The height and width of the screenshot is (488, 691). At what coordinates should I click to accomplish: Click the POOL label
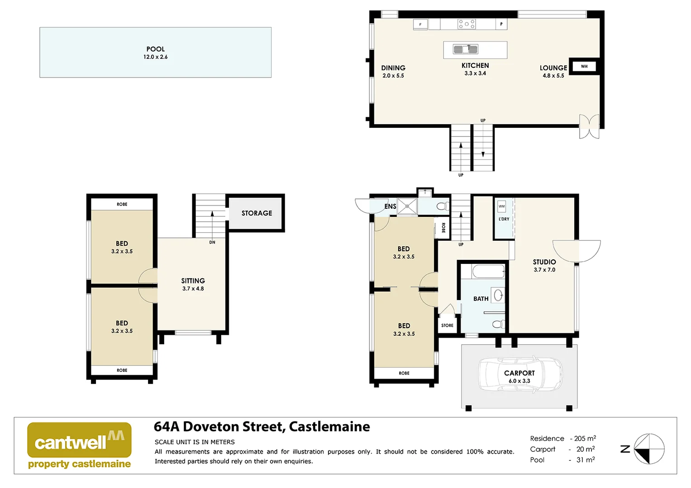click(x=155, y=49)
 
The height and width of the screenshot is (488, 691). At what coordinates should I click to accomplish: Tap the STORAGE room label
click(x=257, y=213)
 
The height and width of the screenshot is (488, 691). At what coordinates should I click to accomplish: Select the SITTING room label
click(x=193, y=281)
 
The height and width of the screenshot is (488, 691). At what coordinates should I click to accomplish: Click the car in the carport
click(x=520, y=375)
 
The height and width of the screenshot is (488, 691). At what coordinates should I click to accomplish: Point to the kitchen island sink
click(x=466, y=49)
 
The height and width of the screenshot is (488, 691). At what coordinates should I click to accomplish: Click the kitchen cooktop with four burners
click(x=466, y=24)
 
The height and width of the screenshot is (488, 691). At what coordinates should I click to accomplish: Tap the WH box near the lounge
click(x=584, y=66)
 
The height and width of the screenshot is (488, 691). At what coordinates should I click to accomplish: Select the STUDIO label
click(x=544, y=262)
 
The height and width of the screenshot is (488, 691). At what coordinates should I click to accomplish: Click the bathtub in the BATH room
click(x=488, y=272)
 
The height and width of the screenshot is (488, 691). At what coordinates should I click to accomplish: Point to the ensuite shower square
click(x=407, y=206)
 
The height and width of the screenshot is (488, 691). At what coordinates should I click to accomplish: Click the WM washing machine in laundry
click(x=501, y=206)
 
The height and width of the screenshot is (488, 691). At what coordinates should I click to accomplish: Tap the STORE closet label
click(x=447, y=325)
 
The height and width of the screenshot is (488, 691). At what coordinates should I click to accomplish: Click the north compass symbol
click(x=648, y=449)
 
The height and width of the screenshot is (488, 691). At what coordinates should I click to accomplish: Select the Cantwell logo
click(x=79, y=445)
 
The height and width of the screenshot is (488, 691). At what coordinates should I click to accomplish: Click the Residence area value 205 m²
click(x=585, y=438)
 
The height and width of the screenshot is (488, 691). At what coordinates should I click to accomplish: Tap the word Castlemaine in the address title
click(x=329, y=427)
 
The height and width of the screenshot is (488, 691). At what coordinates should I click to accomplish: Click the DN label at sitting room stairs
click(x=212, y=242)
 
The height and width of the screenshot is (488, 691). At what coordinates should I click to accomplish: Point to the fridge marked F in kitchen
click(x=420, y=24)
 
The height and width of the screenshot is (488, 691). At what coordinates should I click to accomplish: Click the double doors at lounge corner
click(x=589, y=127)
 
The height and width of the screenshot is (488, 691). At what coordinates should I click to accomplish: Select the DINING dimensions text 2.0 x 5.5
click(x=393, y=76)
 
